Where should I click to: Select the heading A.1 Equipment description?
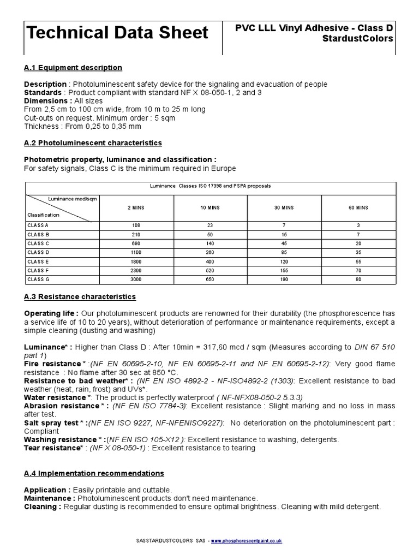click(x=73, y=67)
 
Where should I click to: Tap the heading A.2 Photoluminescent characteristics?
click(x=93, y=142)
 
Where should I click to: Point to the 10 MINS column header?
click(x=210, y=208)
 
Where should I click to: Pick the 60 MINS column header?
click(x=358, y=208)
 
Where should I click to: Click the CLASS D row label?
click(x=38, y=252)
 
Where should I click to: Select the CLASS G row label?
click(x=38, y=279)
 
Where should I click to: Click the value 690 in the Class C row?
click(x=136, y=243)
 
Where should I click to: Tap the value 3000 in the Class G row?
click(x=136, y=279)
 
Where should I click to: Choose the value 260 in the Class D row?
click(x=210, y=252)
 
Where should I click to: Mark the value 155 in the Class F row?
click(x=284, y=270)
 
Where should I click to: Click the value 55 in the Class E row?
click(x=358, y=261)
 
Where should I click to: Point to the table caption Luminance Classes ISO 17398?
click(x=210, y=186)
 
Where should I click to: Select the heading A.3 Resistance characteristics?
click(x=80, y=296)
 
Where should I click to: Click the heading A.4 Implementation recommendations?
click(x=94, y=473)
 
